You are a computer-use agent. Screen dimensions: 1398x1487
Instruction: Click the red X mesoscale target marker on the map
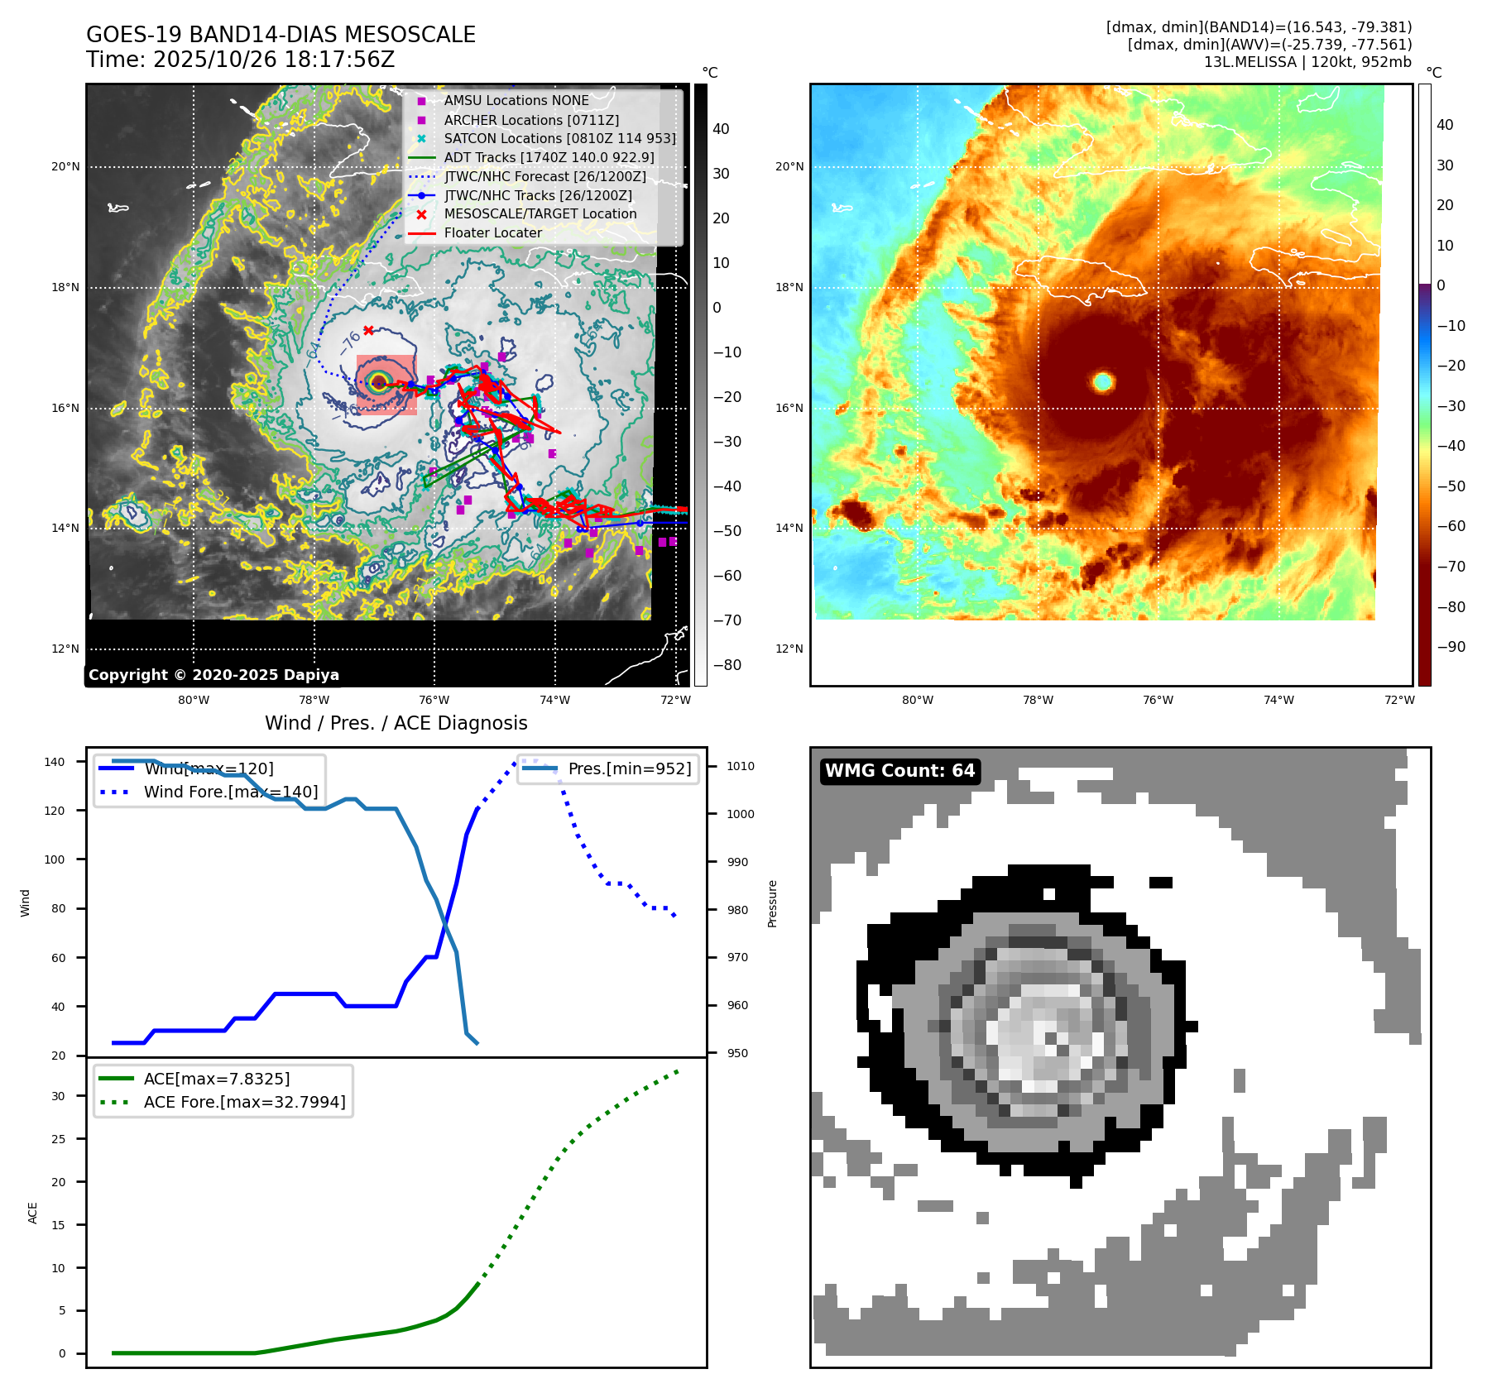[x=368, y=330]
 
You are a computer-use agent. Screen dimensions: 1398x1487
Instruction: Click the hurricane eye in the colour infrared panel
[x=1102, y=381]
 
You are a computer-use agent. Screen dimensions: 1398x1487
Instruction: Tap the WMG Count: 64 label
[x=899, y=771]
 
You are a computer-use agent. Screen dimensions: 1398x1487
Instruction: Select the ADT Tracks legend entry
[x=549, y=157]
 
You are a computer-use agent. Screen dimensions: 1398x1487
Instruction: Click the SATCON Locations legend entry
[x=559, y=138]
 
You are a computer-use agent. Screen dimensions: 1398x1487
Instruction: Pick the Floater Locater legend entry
[x=492, y=232]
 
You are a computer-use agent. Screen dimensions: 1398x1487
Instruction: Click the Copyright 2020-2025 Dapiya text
[x=213, y=675]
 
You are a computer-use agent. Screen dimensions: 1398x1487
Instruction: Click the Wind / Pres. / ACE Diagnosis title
[x=396, y=723]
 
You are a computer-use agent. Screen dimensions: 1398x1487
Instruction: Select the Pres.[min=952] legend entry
[x=629, y=768]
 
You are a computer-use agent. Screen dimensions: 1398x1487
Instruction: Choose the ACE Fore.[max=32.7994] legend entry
[x=244, y=1102]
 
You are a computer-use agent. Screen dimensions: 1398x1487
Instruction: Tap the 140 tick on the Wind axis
[x=55, y=762]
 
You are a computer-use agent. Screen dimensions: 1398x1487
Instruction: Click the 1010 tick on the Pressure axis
[x=741, y=766]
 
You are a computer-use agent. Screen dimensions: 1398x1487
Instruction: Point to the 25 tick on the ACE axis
[x=58, y=1139]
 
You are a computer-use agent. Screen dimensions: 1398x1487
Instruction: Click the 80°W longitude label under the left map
[x=194, y=700]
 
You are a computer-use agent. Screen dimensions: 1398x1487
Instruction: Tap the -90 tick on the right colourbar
[x=1451, y=647]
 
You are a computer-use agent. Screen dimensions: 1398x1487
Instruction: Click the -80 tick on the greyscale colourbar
[x=727, y=665]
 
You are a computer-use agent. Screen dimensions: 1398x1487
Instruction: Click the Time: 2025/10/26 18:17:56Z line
[x=240, y=60]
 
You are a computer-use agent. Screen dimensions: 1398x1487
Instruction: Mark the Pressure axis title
[x=772, y=903]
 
